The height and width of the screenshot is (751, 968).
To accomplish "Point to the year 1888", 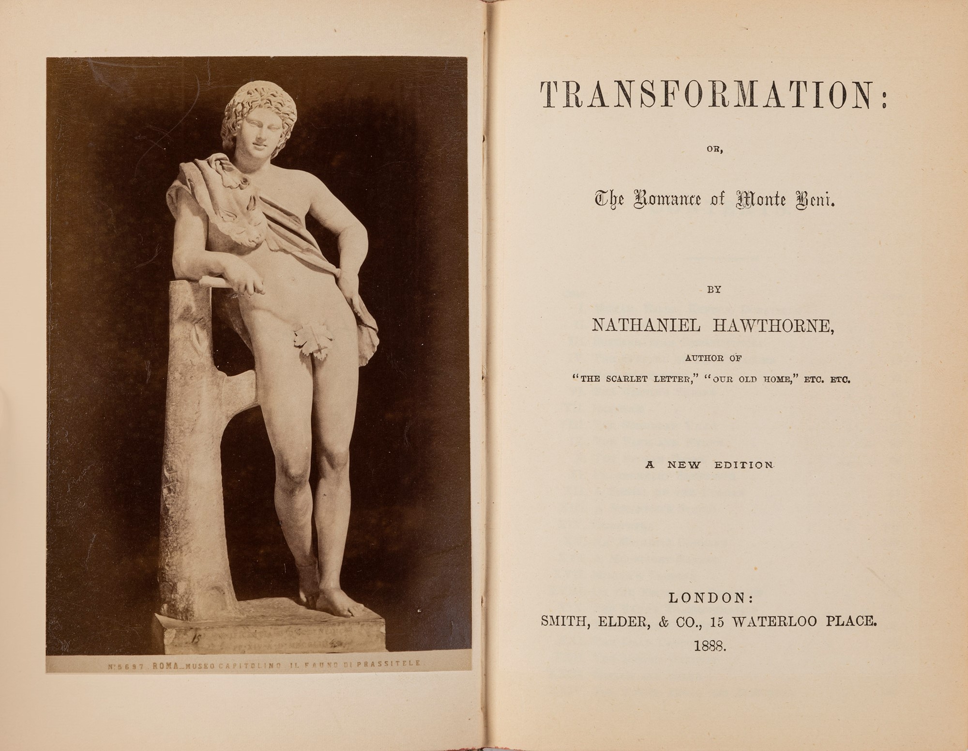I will pyautogui.click(x=710, y=646).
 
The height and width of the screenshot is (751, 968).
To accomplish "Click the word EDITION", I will pyautogui.click(x=744, y=465).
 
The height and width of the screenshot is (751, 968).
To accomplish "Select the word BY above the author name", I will pyautogui.click(x=714, y=290).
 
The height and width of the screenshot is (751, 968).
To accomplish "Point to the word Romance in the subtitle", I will pyautogui.click(x=666, y=199).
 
